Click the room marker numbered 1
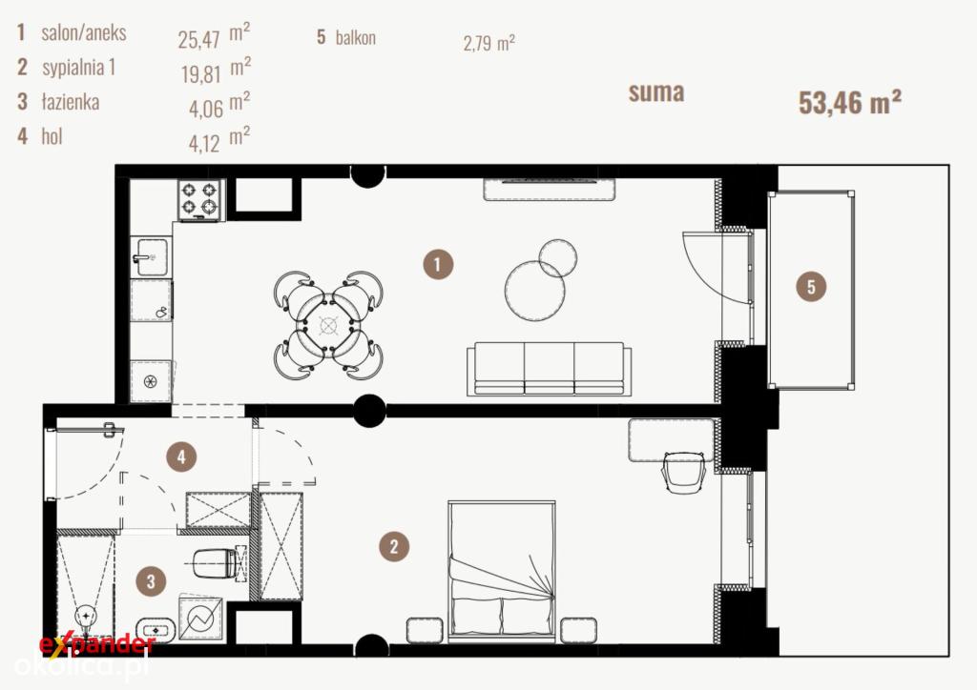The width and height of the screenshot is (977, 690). click(x=437, y=264)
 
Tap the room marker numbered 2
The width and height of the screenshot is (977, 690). click(x=394, y=547)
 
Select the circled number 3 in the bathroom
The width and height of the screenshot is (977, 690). click(x=151, y=581)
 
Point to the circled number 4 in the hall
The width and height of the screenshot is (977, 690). click(x=181, y=457)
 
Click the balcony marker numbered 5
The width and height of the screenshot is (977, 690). click(x=811, y=287)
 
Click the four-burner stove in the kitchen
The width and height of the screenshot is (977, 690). click(x=200, y=200)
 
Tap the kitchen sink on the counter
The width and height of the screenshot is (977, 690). click(x=150, y=256)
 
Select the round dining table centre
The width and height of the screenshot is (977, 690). click(x=328, y=325)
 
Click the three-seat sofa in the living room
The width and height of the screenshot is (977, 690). click(x=549, y=368)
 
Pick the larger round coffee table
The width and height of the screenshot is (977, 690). click(x=534, y=291)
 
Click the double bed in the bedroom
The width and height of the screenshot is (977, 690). click(x=502, y=571)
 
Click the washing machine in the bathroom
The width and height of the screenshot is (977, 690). click(x=200, y=619)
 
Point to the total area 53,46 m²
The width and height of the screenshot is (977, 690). click(x=850, y=102)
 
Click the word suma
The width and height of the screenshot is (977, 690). click(x=656, y=92)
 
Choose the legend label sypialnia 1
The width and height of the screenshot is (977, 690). click(x=79, y=67)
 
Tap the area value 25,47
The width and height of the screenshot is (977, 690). click(x=198, y=40)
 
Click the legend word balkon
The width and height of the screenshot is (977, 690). click(x=356, y=37)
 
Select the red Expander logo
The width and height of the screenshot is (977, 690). click(x=96, y=644)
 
